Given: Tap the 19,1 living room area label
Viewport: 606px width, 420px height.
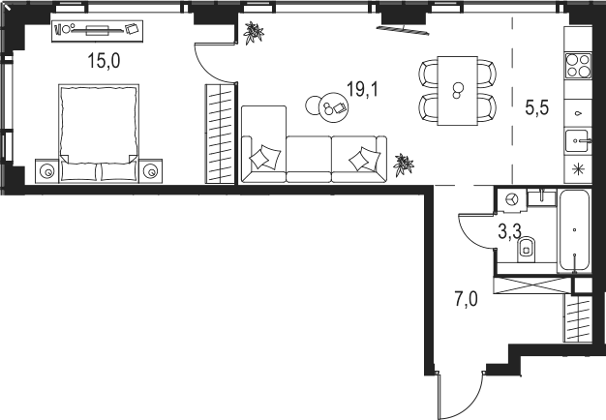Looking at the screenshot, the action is (363, 89).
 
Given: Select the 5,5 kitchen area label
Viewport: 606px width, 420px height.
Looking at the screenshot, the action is (537, 107).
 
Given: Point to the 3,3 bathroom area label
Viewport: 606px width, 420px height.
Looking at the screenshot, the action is (509, 232).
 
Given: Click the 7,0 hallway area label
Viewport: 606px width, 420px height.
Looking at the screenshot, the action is (466, 299).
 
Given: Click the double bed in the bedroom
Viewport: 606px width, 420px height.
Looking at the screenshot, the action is (99, 133).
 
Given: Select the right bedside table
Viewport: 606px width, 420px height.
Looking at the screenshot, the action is (151, 170).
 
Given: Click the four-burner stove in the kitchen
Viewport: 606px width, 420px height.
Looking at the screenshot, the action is (578, 66).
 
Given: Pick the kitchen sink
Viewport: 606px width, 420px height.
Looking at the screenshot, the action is (578, 141).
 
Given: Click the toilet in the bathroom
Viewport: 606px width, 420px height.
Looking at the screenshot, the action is (526, 250).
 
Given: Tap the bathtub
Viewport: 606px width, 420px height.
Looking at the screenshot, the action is (575, 230).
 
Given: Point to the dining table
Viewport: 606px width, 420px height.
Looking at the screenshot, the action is (458, 91).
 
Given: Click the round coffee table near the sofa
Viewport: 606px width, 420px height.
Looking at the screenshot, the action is (333, 107).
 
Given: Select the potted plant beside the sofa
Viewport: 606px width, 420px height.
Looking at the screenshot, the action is (403, 165).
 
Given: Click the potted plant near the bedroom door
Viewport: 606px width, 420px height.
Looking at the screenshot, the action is (254, 33).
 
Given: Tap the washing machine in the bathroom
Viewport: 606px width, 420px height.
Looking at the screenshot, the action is (512, 200).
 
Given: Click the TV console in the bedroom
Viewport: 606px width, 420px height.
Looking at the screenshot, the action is (98, 31).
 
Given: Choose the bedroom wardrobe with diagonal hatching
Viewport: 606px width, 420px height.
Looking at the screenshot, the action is (220, 134).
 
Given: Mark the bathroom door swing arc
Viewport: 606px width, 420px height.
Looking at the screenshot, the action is (470, 239).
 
